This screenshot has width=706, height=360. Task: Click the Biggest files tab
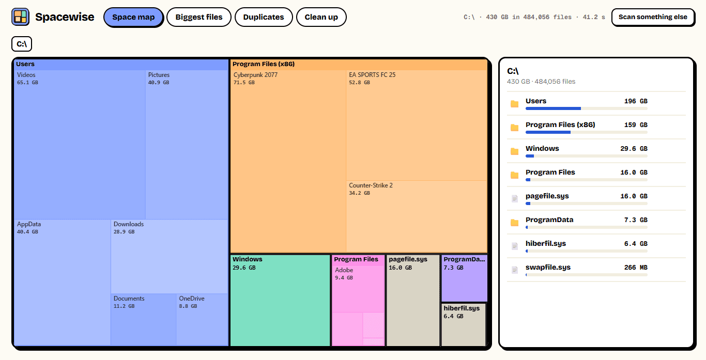point(199,17)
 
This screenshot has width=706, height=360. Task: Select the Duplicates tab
point(264,17)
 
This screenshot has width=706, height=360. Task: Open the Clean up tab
point(321,17)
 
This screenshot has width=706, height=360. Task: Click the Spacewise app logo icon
point(21,17)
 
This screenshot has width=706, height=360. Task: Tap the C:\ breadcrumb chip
point(22,44)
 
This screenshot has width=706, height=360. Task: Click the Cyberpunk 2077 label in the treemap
point(256,75)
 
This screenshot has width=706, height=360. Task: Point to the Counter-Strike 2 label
point(371,185)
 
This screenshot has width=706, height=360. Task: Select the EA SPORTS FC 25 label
point(372,75)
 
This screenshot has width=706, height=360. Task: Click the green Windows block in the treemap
point(280,300)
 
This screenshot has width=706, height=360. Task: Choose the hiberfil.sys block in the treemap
point(464,325)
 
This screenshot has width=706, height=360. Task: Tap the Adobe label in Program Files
point(344,270)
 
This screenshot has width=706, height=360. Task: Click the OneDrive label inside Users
point(192,298)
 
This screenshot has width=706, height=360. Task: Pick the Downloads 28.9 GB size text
point(124,232)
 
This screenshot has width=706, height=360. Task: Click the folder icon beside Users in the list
point(514,104)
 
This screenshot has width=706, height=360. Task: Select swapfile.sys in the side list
point(548,267)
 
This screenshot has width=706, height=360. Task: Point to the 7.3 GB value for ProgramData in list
point(636,220)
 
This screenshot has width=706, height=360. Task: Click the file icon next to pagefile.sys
point(514,198)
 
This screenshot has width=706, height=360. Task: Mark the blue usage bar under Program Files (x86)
point(548,132)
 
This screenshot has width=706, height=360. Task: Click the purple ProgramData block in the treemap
point(464,278)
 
